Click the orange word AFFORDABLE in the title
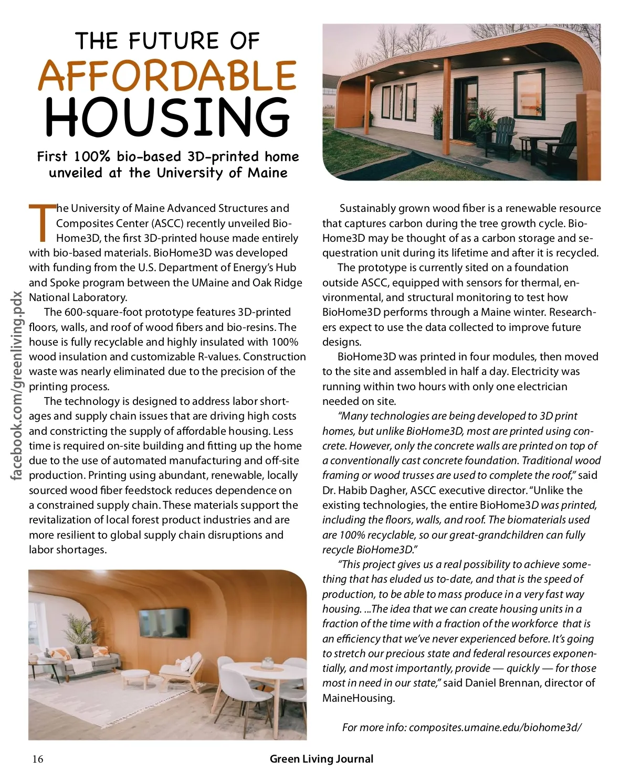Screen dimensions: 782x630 click(167, 76)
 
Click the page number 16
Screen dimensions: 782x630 click(38, 759)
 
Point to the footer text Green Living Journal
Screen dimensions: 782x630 click(321, 759)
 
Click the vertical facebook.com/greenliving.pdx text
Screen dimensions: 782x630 click(17, 385)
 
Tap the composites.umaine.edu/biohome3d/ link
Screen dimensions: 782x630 click(495, 727)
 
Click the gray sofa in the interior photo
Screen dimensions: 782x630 click(84, 661)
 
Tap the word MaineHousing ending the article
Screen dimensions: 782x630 click(358, 698)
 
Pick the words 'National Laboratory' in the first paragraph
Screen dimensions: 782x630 click(78, 297)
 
